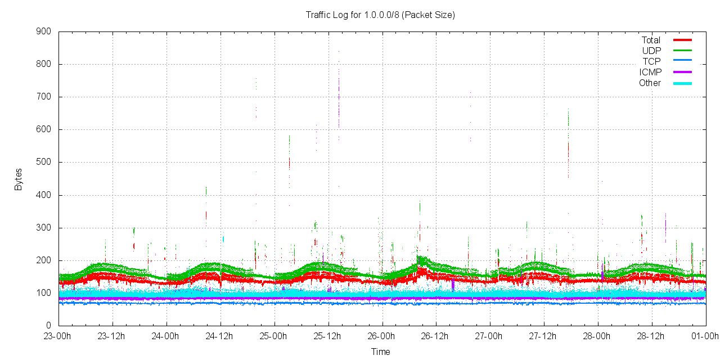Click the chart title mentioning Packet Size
click(x=380, y=15)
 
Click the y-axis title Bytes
click(x=19, y=179)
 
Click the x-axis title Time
click(x=380, y=352)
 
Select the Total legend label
click(x=651, y=40)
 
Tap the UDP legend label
click(x=651, y=51)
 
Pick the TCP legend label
click(x=651, y=61)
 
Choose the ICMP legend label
click(x=650, y=72)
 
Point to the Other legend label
click(x=650, y=83)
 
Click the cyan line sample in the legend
click(x=682, y=83)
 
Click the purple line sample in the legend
click(x=682, y=72)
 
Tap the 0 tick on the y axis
click(x=49, y=325)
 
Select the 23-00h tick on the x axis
click(x=58, y=336)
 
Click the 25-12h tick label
click(x=328, y=336)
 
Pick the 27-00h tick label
click(x=490, y=336)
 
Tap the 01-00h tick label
click(x=705, y=336)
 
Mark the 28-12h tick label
click(x=651, y=336)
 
